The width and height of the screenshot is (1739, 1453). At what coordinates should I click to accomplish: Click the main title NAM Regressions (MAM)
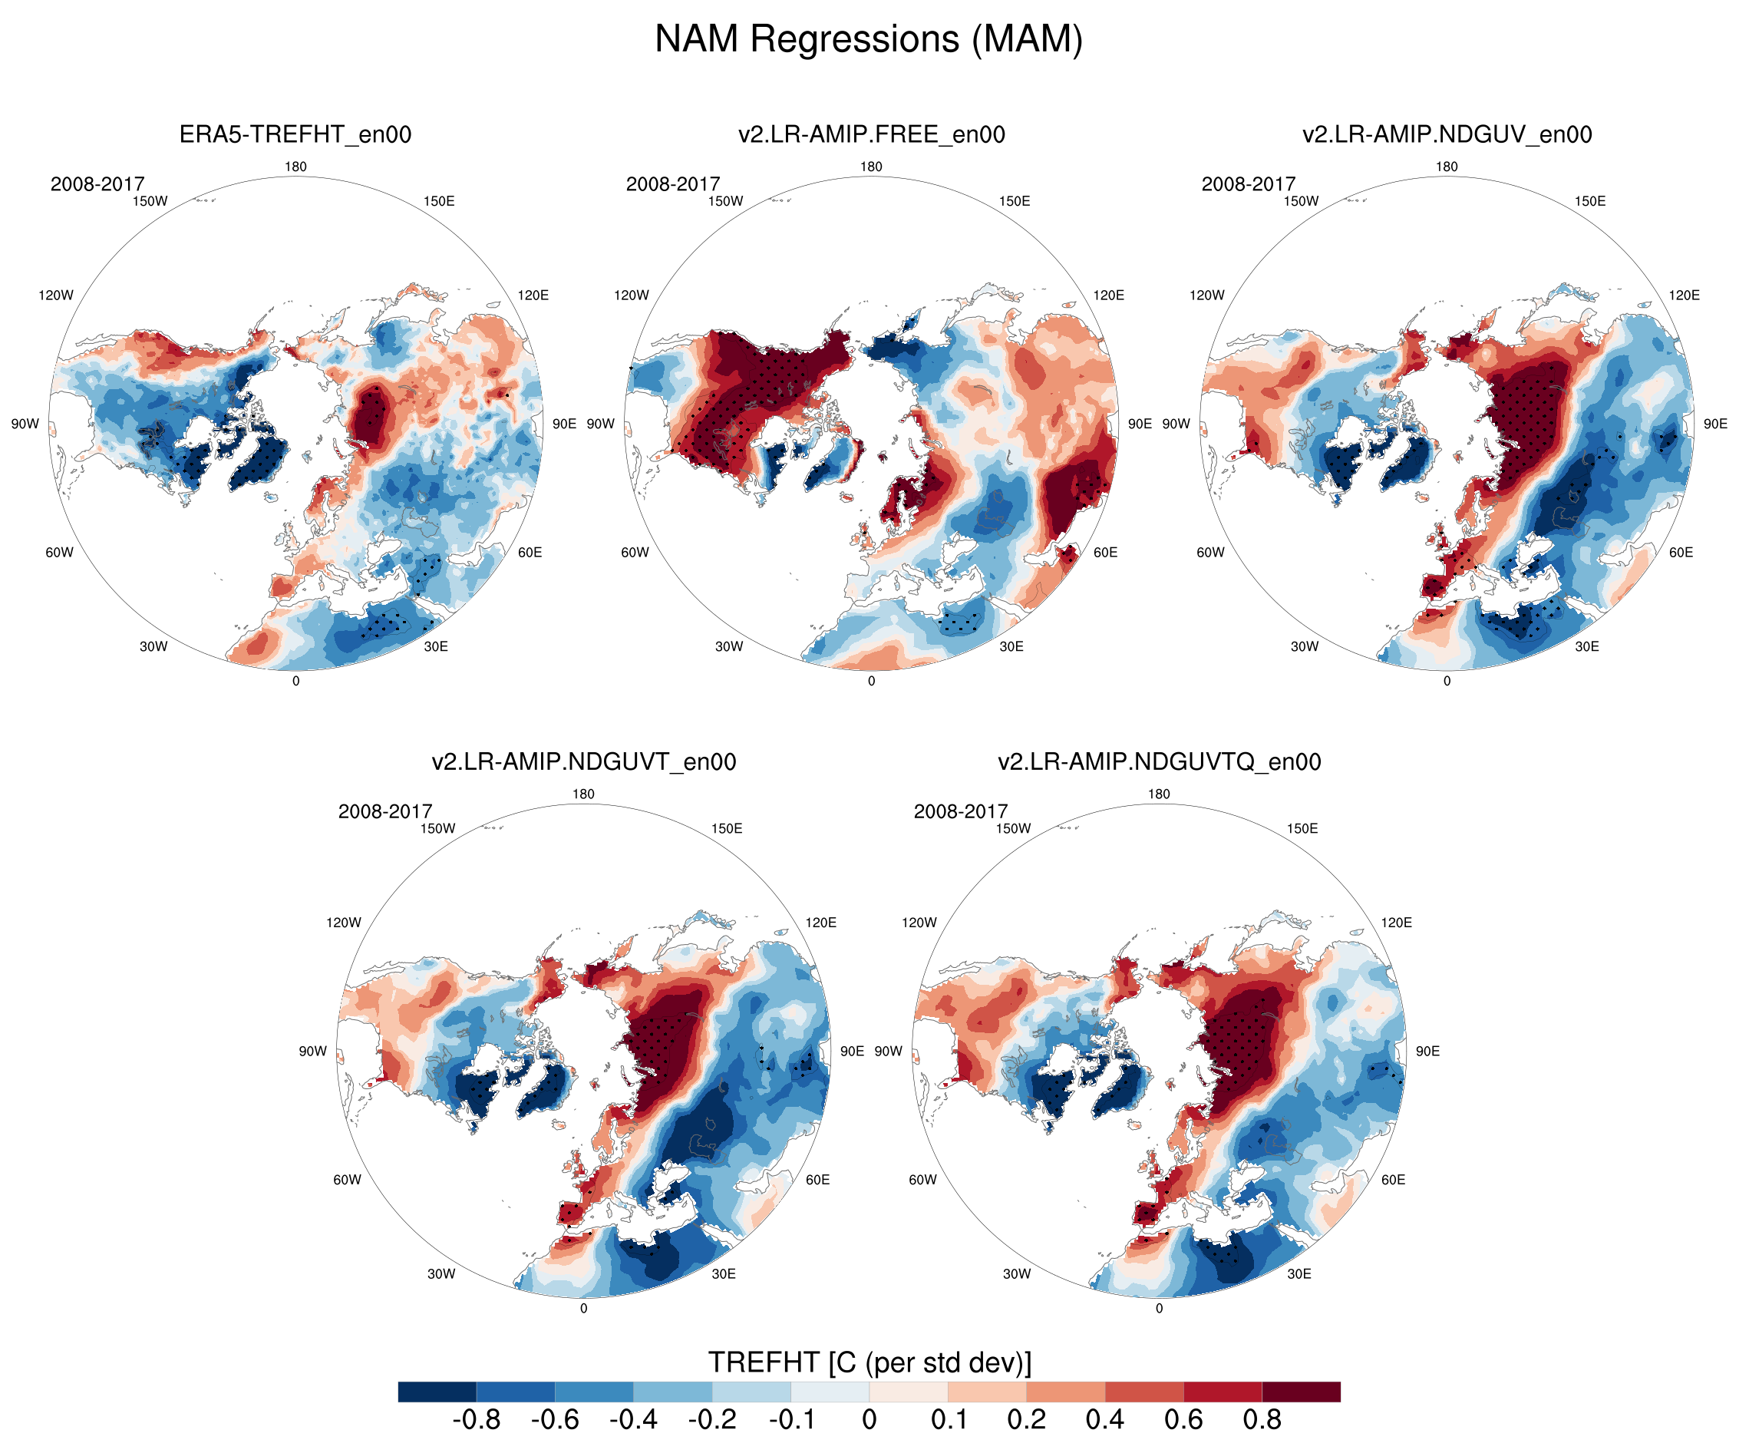(x=869, y=40)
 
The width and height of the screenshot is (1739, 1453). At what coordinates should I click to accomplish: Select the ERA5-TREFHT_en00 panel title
(x=295, y=134)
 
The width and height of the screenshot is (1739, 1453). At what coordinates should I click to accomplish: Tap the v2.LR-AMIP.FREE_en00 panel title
(x=871, y=134)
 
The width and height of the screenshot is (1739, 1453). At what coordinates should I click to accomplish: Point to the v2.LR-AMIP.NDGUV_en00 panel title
(x=1447, y=134)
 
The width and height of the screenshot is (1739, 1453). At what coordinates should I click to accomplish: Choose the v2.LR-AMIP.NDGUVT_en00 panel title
(x=583, y=761)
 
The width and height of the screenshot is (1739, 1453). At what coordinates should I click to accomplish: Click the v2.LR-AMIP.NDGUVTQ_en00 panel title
(x=1159, y=761)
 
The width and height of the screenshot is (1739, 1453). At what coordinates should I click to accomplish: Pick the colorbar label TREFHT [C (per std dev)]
(x=869, y=1362)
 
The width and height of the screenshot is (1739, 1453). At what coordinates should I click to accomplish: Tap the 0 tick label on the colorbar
(x=869, y=1420)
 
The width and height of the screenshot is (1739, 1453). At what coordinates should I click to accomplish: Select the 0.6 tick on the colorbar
(x=1183, y=1420)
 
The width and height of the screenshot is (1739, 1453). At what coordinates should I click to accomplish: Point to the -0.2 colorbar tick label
(x=712, y=1420)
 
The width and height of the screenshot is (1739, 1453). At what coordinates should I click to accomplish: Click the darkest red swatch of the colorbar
(x=1301, y=1392)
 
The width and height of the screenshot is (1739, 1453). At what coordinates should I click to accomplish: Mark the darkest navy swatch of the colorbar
(x=437, y=1392)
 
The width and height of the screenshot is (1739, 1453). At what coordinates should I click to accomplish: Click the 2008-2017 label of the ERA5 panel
(x=97, y=184)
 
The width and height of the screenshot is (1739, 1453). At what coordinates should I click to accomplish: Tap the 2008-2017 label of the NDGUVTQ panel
(x=961, y=811)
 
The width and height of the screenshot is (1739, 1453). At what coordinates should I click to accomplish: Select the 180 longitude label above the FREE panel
(x=871, y=167)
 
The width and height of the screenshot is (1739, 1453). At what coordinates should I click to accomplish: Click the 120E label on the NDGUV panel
(x=1684, y=295)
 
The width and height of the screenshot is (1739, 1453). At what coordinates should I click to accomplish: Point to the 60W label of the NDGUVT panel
(x=347, y=1180)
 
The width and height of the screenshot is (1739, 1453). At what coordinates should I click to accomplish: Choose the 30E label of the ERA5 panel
(x=436, y=646)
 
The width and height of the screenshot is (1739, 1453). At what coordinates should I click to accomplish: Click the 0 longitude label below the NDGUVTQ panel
(x=1159, y=1308)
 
